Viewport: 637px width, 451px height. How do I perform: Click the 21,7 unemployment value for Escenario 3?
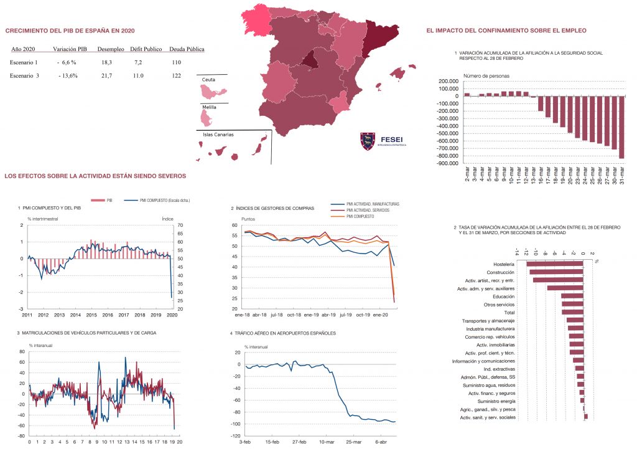coord(106,75)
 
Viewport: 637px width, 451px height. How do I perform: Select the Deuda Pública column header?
coord(187,49)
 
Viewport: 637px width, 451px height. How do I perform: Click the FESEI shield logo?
coord(367,141)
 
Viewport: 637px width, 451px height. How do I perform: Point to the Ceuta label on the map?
coord(208,80)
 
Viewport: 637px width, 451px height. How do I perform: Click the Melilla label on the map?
coord(210,107)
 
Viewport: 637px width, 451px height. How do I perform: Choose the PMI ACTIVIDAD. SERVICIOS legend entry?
coord(373,211)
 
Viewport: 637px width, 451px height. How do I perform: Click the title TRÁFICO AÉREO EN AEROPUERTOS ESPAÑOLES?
coord(283,333)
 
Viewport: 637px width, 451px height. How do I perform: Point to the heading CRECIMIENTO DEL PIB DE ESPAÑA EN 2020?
coord(70,31)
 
